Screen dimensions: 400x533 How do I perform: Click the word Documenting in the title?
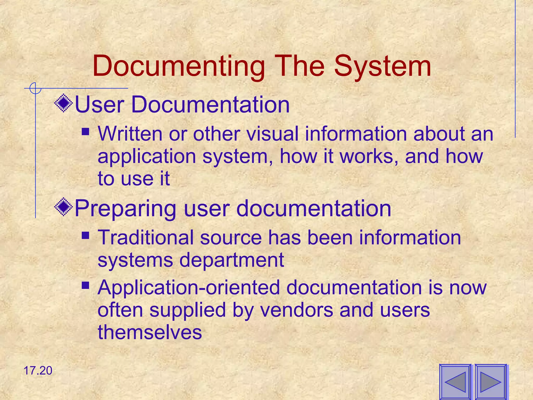point(179,66)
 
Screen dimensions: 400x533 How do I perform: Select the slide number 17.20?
point(38,371)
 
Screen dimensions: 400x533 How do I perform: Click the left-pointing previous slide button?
point(455,382)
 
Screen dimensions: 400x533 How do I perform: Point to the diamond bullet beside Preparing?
point(64,207)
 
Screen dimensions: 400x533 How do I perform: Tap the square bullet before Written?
point(85,132)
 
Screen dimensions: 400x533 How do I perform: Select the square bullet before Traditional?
point(85,235)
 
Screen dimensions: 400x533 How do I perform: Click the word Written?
point(130,134)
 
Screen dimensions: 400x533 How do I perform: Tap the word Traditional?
point(145,238)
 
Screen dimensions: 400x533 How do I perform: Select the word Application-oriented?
point(188,287)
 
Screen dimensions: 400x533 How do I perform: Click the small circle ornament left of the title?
point(35,88)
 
